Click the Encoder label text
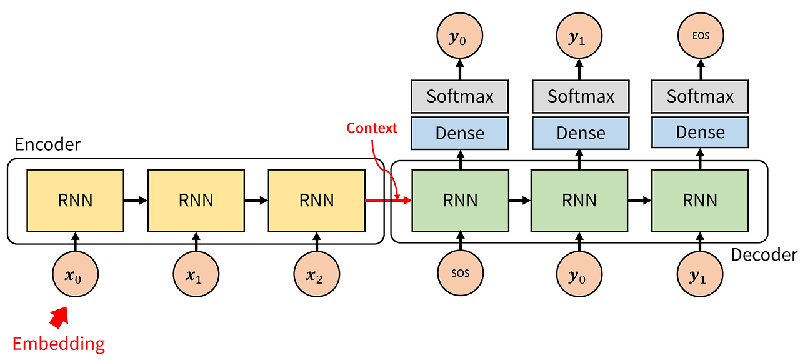click(x=47, y=144)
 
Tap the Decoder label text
click(x=764, y=255)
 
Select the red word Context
click(x=372, y=128)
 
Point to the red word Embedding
click(x=59, y=343)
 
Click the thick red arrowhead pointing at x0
click(x=60, y=317)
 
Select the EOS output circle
click(x=700, y=37)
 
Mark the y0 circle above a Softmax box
click(x=459, y=37)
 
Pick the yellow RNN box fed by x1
click(x=196, y=200)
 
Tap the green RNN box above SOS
click(x=461, y=200)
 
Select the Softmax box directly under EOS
click(x=700, y=96)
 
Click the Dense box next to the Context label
click(x=459, y=132)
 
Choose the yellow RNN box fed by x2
click(x=316, y=200)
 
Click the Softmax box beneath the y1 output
click(x=581, y=96)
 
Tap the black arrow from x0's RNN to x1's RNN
click(x=135, y=201)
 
